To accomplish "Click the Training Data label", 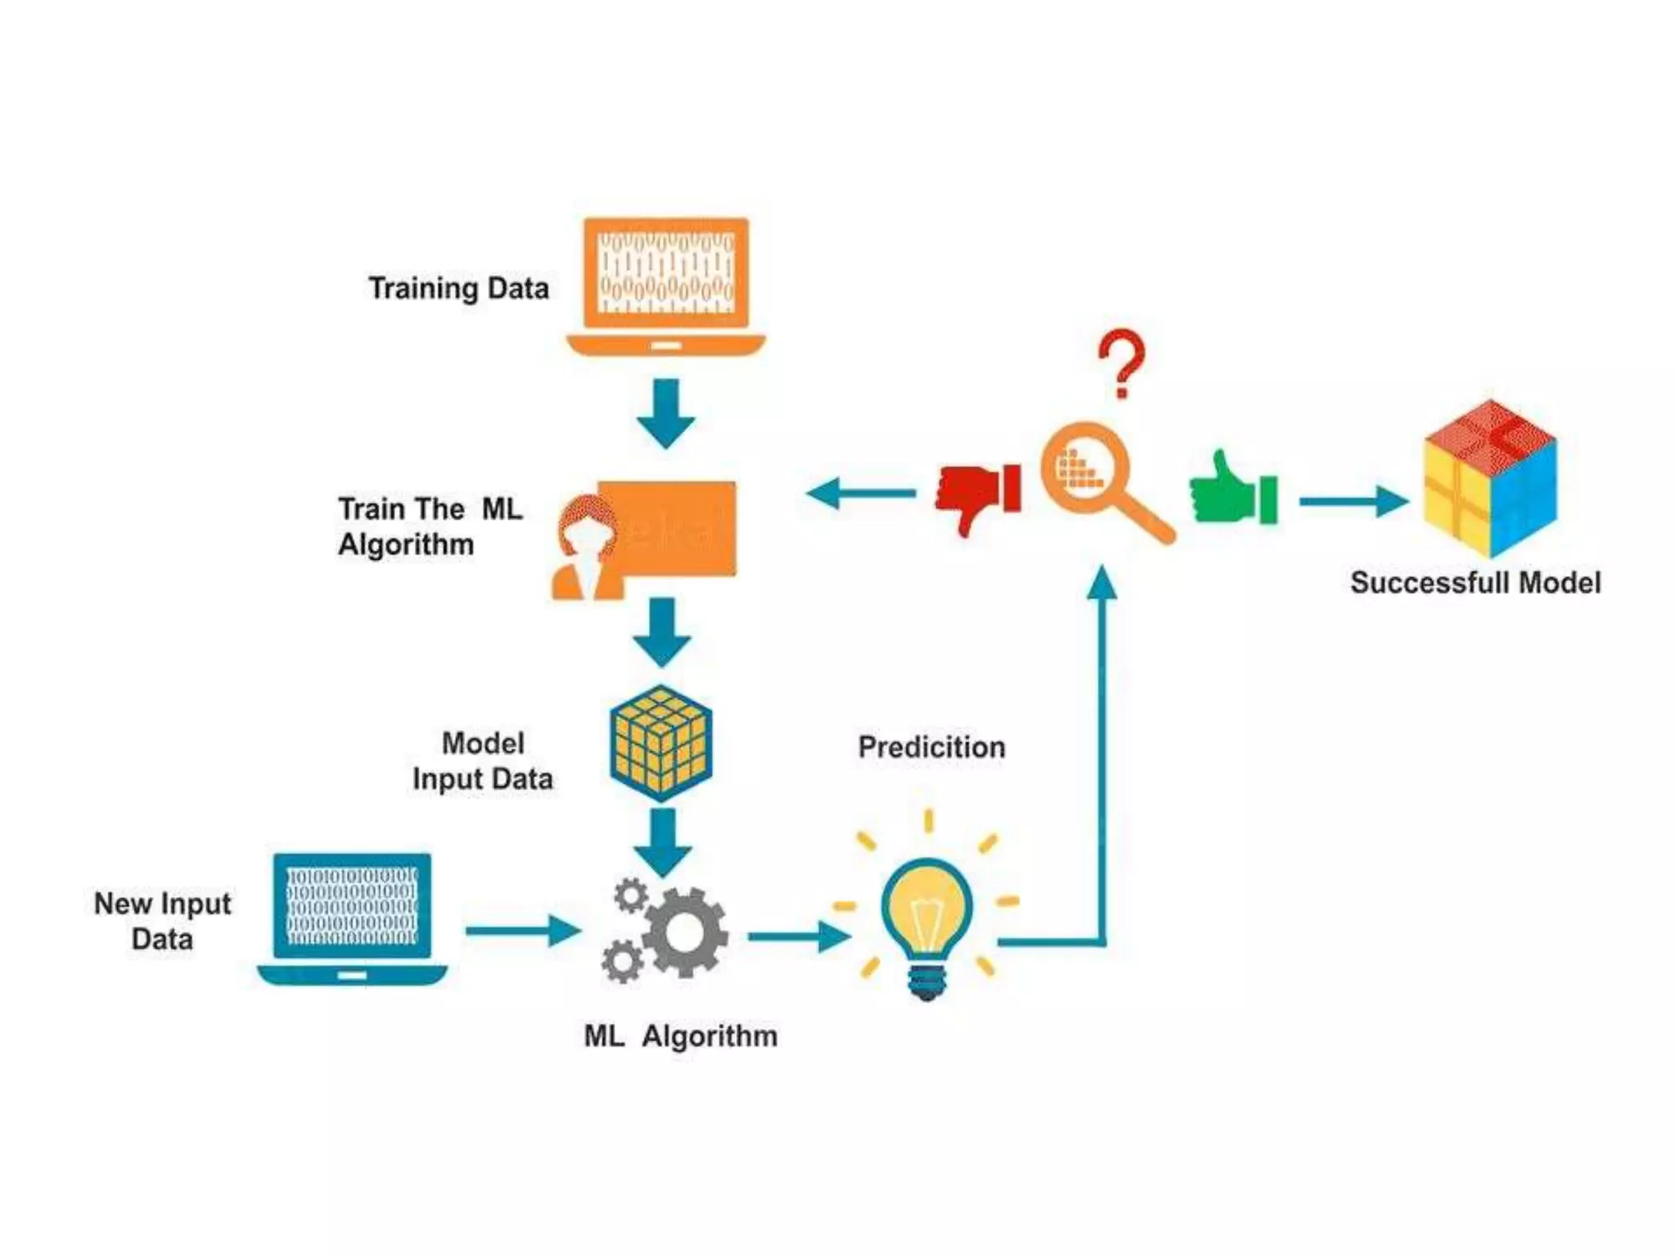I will click(x=458, y=288).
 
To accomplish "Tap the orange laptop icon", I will click(x=665, y=282).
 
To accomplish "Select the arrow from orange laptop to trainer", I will click(x=665, y=412).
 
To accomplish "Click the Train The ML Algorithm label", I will click(x=430, y=526).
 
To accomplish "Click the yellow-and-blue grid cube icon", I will click(x=661, y=743).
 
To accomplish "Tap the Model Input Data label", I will click(x=483, y=761).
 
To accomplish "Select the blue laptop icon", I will click(x=352, y=917).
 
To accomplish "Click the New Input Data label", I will click(x=162, y=921).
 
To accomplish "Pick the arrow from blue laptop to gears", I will click(x=522, y=930).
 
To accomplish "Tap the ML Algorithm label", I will click(x=680, y=1036).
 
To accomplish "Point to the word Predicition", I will click(x=931, y=747).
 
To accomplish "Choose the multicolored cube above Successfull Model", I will click(x=1489, y=479).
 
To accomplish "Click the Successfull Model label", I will click(x=1475, y=583).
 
